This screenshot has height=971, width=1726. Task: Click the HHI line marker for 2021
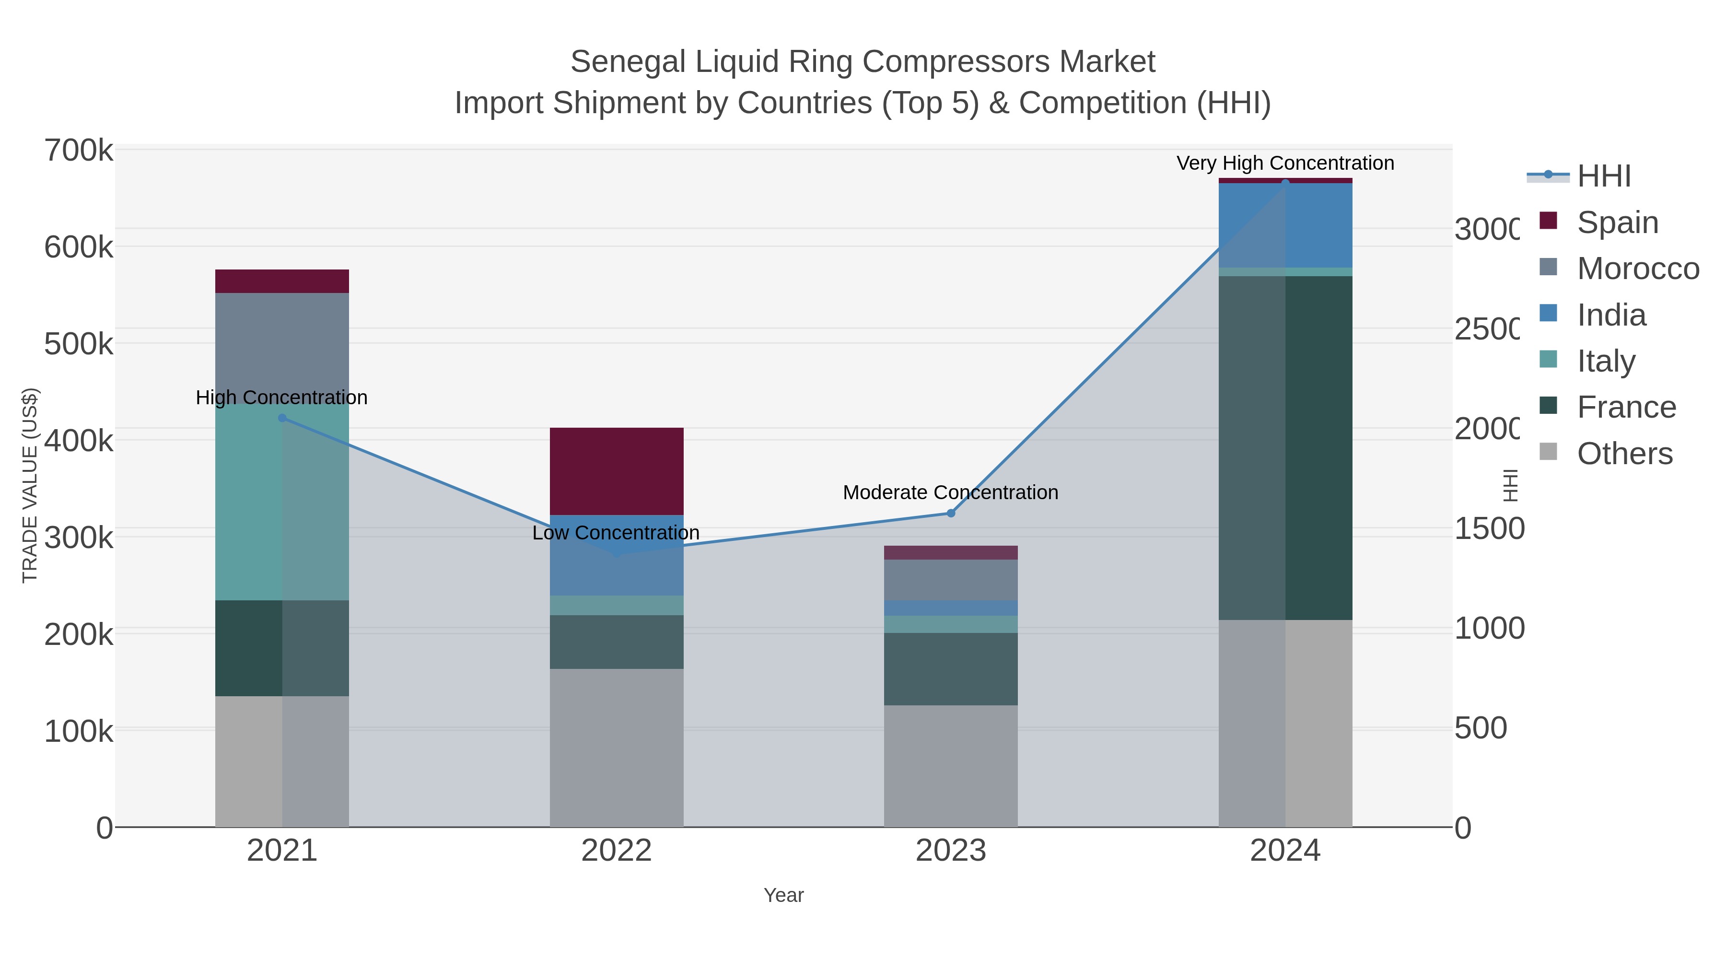click(282, 418)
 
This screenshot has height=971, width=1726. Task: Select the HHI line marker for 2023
click(950, 513)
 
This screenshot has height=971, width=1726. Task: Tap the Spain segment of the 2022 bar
click(617, 471)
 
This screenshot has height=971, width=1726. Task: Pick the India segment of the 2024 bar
click(1285, 225)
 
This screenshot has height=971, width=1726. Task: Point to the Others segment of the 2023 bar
click(950, 766)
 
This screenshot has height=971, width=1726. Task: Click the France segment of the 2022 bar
click(617, 642)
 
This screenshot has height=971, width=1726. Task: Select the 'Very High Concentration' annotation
click(1285, 164)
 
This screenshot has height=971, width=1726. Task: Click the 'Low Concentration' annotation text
click(616, 533)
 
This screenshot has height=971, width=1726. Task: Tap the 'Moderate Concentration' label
click(950, 492)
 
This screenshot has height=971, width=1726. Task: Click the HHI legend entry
click(1603, 176)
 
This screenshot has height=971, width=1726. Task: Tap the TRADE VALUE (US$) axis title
click(30, 485)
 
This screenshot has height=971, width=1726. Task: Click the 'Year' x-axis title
click(783, 895)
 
